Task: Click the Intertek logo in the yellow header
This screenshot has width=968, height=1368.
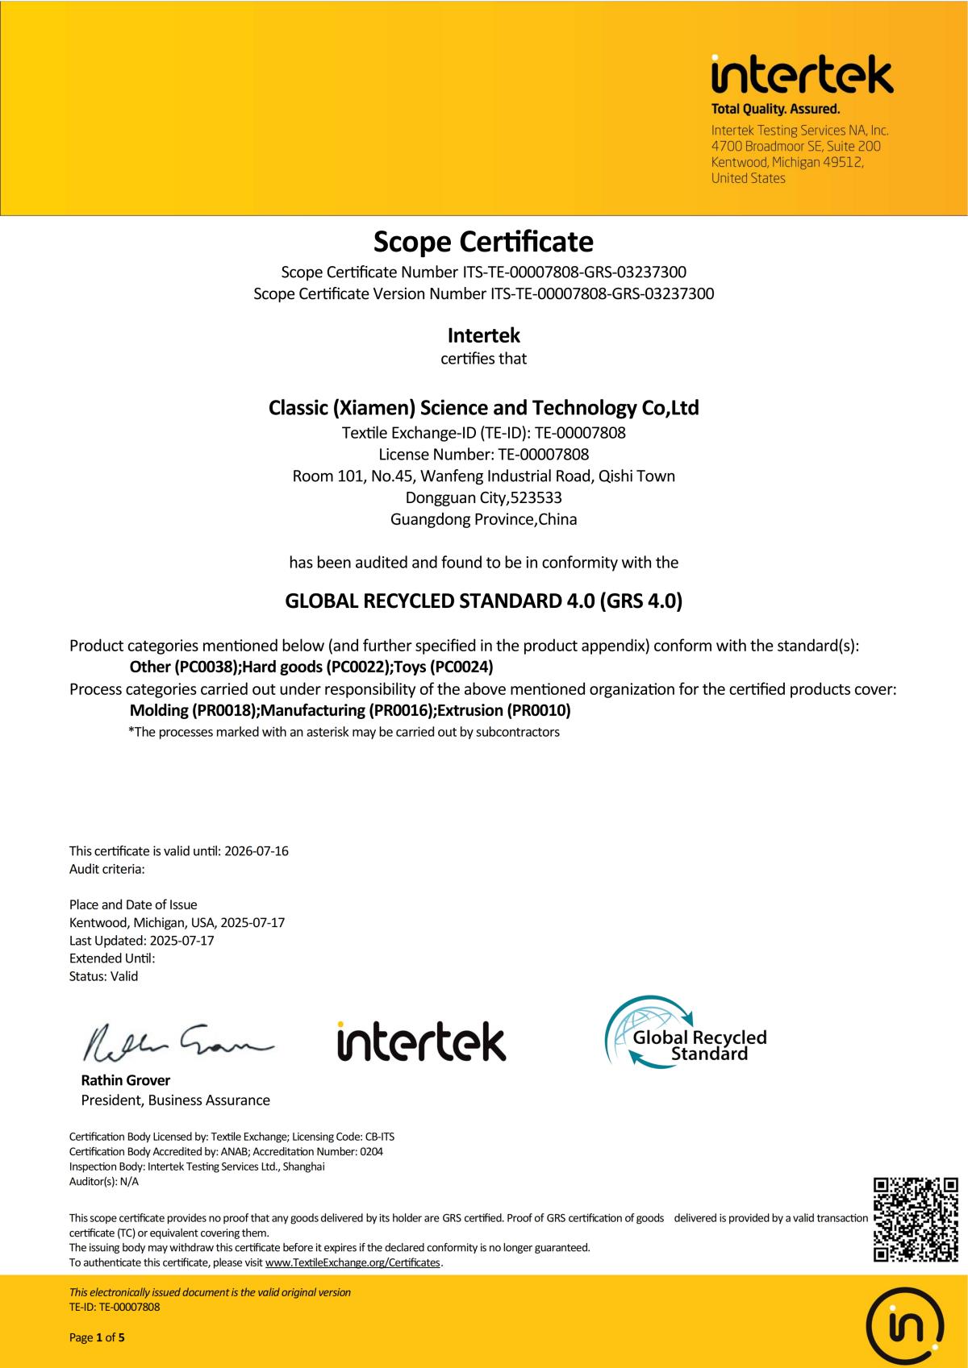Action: click(x=802, y=75)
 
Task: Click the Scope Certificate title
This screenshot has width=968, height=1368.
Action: click(x=483, y=241)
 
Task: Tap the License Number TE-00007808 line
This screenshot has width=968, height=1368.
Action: click(x=483, y=454)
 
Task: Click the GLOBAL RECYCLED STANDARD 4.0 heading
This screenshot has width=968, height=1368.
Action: click(x=483, y=601)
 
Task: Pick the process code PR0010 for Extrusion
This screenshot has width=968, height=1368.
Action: click(x=537, y=710)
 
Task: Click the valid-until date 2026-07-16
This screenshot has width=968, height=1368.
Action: click(x=256, y=851)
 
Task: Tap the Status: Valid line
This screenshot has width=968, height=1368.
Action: click(x=103, y=976)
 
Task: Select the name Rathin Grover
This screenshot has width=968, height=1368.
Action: click(x=125, y=1080)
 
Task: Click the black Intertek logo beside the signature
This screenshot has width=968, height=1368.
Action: click(x=422, y=1042)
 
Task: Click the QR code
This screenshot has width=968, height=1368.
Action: click(x=916, y=1220)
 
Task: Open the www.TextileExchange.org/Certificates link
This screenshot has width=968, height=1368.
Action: click(x=353, y=1262)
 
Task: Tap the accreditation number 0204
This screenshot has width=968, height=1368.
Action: click(x=371, y=1151)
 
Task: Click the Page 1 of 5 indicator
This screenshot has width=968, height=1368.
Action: click(x=97, y=1338)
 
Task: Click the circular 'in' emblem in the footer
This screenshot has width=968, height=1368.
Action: click(x=904, y=1324)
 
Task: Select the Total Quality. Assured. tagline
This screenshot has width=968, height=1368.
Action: click(x=774, y=109)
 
